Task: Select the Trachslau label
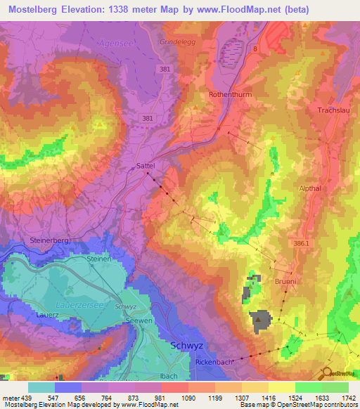[x=334, y=110]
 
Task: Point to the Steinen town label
[x=99, y=259]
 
